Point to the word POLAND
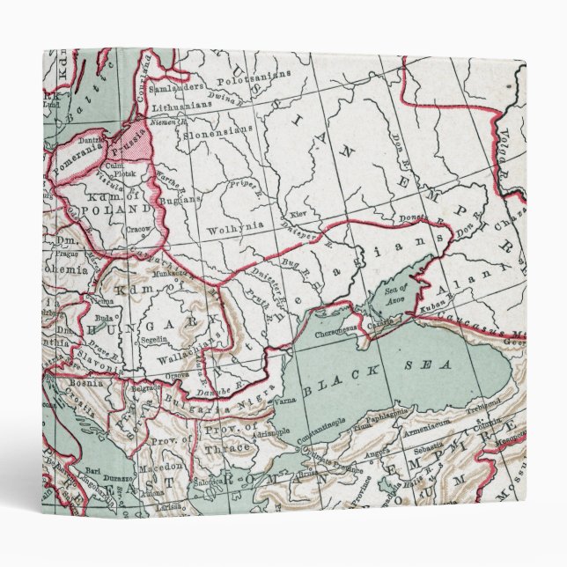123,211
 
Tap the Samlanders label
182,91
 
